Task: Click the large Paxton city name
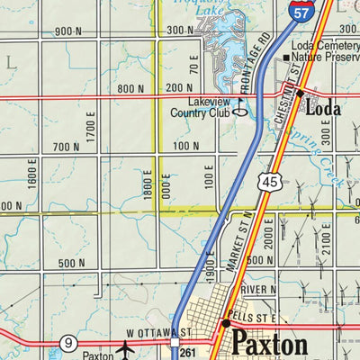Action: tap(269, 344)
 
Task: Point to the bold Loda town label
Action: tap(323, 109)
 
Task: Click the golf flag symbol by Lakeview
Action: tap(240, 112)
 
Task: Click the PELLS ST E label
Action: tap(254, 319)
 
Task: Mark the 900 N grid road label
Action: tap(68, 31)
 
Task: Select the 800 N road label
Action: tap(130, 88)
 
